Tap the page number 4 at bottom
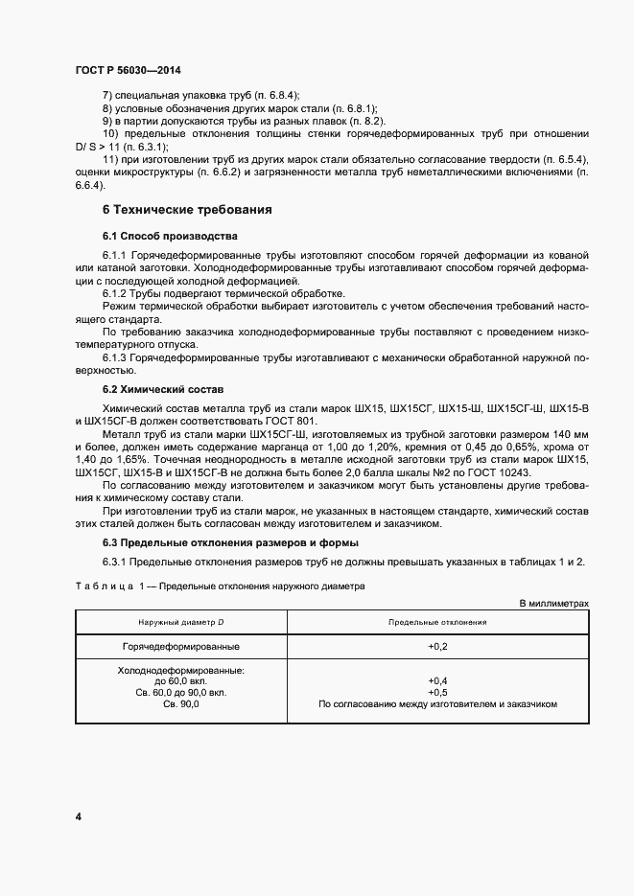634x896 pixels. [77, 816]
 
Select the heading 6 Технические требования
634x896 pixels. [186, 209]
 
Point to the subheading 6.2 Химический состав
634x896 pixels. [162, 391]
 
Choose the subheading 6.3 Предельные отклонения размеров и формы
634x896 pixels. [223, 542]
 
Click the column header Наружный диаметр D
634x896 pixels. [179, 622]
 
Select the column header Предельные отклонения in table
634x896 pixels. [437, 622]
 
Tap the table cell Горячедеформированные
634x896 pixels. [180, 647]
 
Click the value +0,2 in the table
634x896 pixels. [438, 647]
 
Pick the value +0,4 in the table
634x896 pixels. [438, 681]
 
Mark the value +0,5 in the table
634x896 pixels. [438, 692]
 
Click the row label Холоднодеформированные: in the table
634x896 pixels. [180, 671]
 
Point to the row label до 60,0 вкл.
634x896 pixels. [180, 681]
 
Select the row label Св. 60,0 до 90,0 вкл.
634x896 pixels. [180, 692]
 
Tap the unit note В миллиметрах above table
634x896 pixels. [553, 604]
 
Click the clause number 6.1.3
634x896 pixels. [115, 357]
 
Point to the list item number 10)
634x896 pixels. [108, 134]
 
